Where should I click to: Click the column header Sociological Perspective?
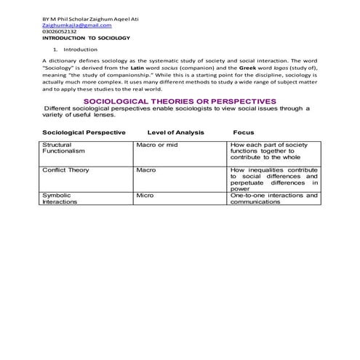[x=84, y=132]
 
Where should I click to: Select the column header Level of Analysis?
[x=175, y=132]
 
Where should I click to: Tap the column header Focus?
[x=243, y=132]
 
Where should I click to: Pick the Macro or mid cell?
[x=156, y=145]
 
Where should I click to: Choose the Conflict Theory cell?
[x=66, y=169]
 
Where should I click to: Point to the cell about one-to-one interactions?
[x=273, y=199]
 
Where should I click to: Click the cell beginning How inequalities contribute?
[x=273, y=179]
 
